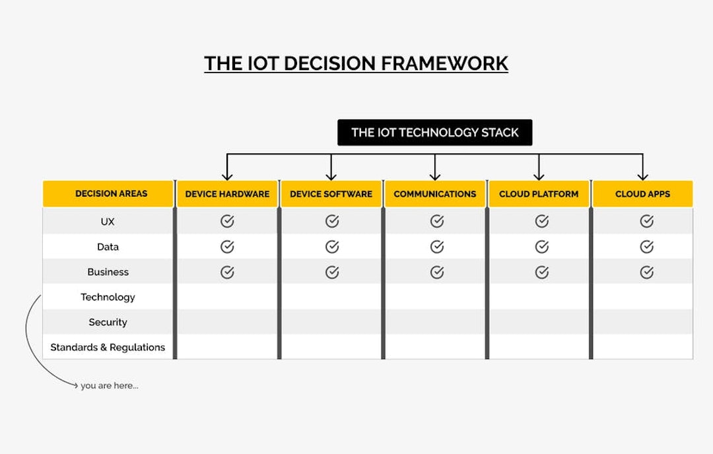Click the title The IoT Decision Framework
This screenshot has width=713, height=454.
[x=356, y=63]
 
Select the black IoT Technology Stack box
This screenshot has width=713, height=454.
[x=434, y=132]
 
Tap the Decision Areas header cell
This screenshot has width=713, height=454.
[x=111, y=194]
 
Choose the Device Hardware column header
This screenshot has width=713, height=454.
[x=227, y=194]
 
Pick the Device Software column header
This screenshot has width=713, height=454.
[x=331, y=194]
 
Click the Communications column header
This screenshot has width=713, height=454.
[x=434, y=194]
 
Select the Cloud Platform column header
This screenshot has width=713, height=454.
[x=539, y=194]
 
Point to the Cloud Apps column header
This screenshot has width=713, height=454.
[x=642, y=194]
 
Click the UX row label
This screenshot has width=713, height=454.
[x=108, y=222]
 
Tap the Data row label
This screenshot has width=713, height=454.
[x=108, y=247]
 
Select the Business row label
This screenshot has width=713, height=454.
[x=108, y=272]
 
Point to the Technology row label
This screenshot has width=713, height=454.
[x=108, y=297]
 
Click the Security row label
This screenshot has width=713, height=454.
[x=108, y=322]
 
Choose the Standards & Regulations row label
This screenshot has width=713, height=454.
[x=108, y=347]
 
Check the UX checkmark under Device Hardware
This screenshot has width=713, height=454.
[x=227, y=221]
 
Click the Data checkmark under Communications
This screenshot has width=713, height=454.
[x=436, y=246]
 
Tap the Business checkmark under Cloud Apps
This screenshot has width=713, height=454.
[x=646, y=272]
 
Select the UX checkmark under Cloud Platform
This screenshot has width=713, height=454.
[x=541, y=221]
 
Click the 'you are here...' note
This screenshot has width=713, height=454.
[x=109, y=385]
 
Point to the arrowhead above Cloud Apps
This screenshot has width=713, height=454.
[x=642, y=176]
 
